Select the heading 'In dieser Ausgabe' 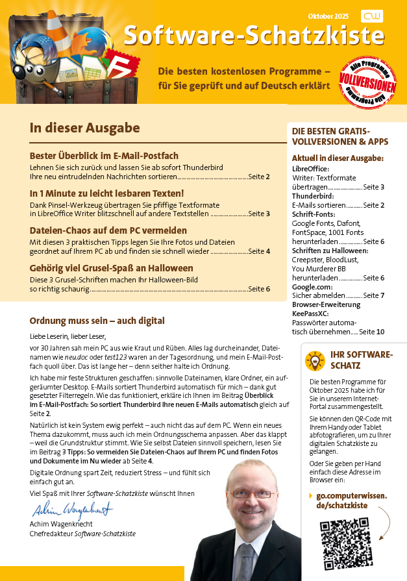pos(84,128)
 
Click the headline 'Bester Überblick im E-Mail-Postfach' pos(104,156)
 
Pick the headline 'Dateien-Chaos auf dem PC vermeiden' pos(108,230)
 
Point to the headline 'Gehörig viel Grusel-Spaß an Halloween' pos(112,268)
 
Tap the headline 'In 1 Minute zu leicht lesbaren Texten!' pos(107,193)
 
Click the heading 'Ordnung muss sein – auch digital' pos(97,321)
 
